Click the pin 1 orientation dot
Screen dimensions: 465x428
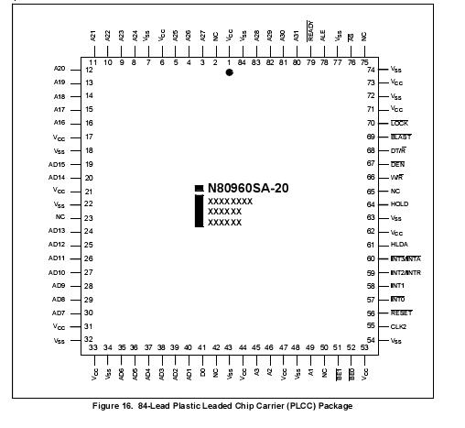point(229,72)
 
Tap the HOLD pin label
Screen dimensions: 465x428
point(399,204)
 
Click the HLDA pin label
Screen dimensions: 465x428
point(399,245)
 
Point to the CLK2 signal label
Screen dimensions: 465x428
point(399,326)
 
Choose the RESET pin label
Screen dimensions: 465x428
point(401,313)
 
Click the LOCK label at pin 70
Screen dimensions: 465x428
point(399,123)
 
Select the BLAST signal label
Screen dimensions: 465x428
point(401,137)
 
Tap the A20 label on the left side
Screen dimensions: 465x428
point(60,69)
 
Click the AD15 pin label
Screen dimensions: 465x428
point(58,164)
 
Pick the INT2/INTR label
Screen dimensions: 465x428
point(406,272)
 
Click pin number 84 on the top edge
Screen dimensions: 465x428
point(243,62)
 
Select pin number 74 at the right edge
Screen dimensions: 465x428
point(371,69)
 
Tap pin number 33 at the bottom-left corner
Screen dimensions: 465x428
point(94,347)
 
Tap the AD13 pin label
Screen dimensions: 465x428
point(58,231)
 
